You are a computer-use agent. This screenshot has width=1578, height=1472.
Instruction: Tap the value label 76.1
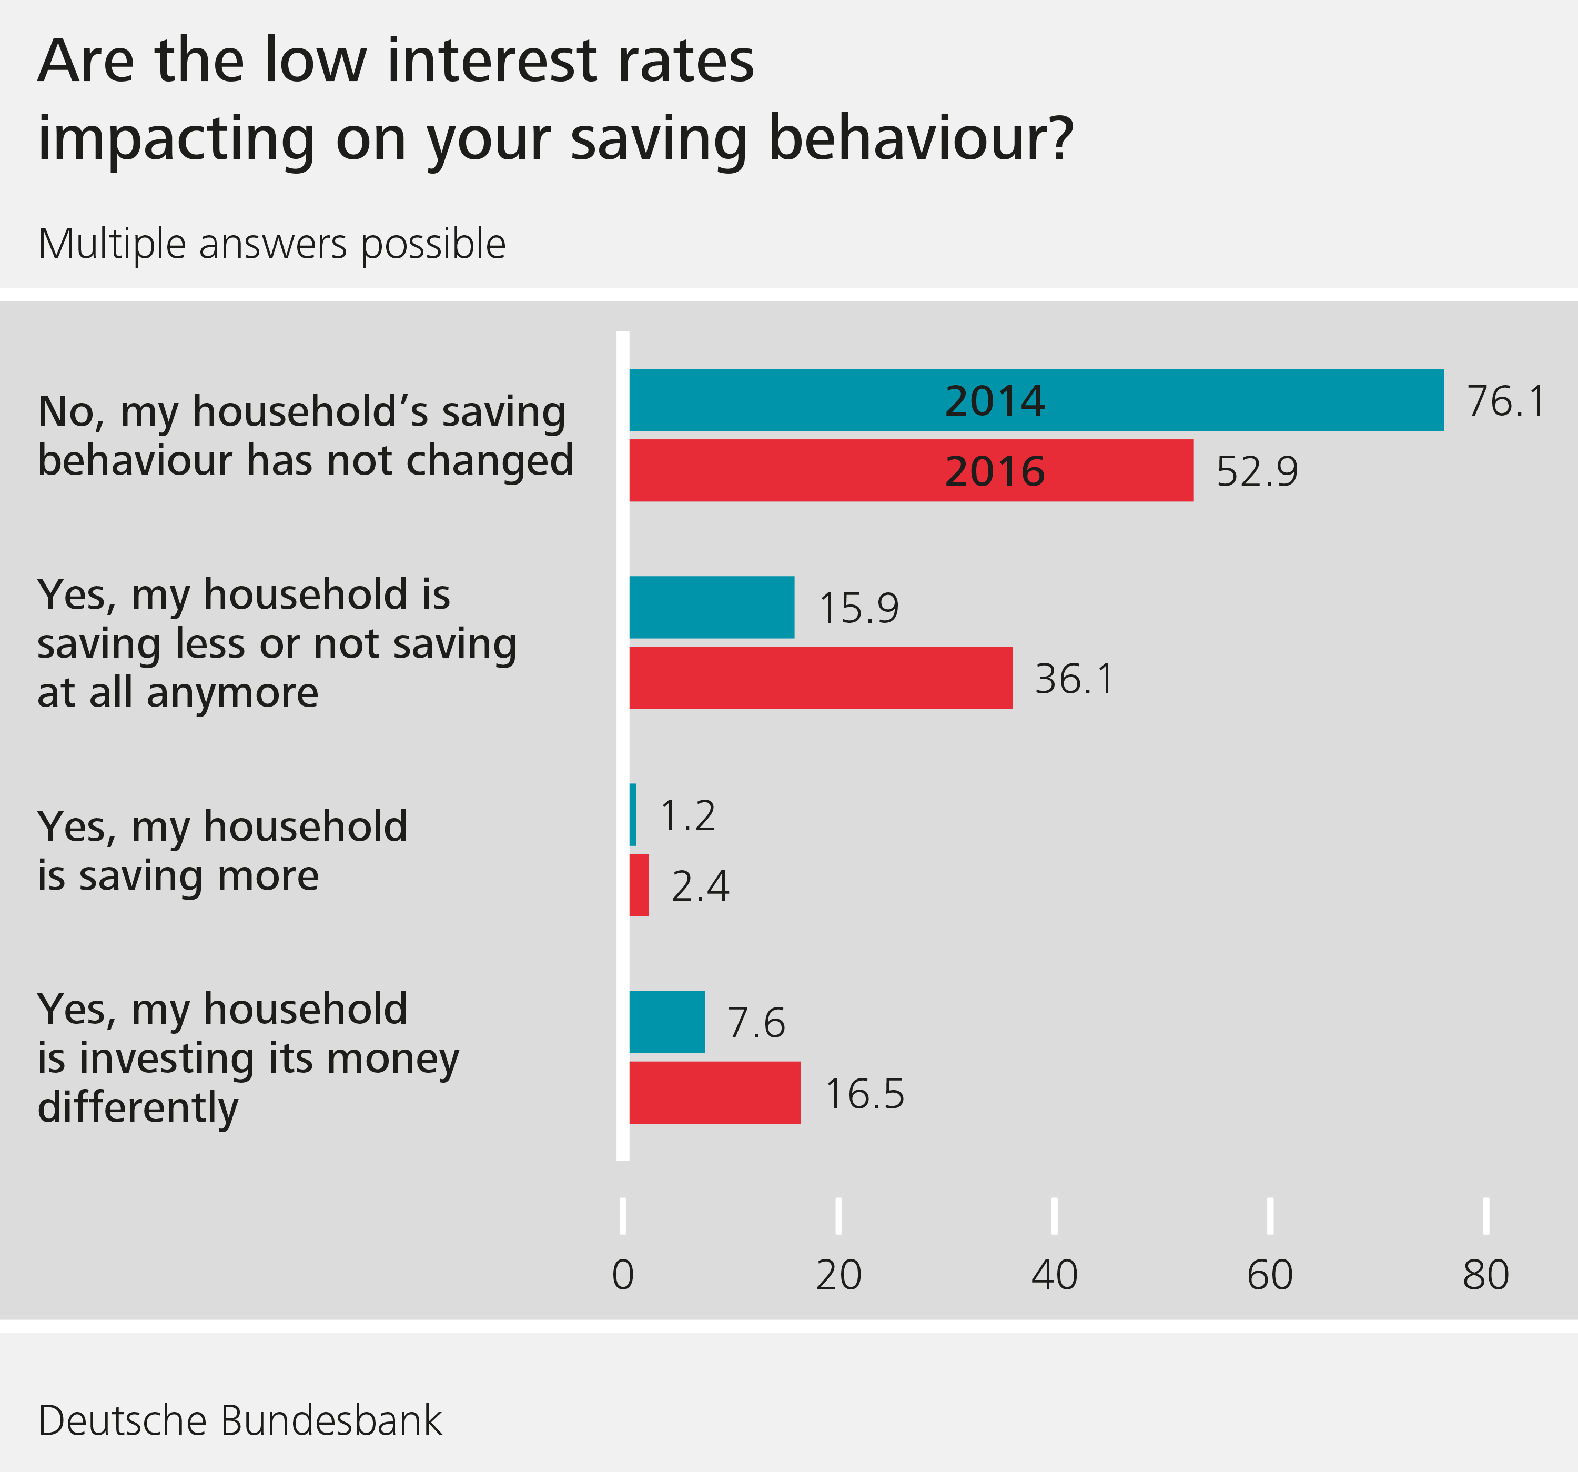coord(1506,401)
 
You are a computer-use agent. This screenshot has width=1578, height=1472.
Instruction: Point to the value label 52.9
coord(1257,471)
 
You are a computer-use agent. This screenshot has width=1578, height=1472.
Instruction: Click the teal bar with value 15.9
coord(711,608)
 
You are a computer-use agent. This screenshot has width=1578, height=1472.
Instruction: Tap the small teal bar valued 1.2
coord(633,814)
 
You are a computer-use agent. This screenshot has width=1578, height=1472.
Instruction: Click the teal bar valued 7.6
coord(667,1022)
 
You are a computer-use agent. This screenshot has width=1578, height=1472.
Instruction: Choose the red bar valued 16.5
coord(714,1093)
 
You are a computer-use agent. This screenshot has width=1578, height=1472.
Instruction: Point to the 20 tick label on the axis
coord(838,1276)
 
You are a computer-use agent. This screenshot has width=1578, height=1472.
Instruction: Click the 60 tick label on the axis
coord(1270,1276)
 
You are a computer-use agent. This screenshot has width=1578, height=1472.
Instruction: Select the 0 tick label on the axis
coord(623,1276)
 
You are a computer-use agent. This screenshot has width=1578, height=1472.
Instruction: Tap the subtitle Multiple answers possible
coord(271,244)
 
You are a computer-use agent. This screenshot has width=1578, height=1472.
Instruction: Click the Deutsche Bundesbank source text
coord(240,1420)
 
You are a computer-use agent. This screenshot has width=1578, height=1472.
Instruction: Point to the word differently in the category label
coord(138,1107)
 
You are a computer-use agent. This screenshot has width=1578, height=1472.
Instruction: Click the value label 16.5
coord(864,1094)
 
